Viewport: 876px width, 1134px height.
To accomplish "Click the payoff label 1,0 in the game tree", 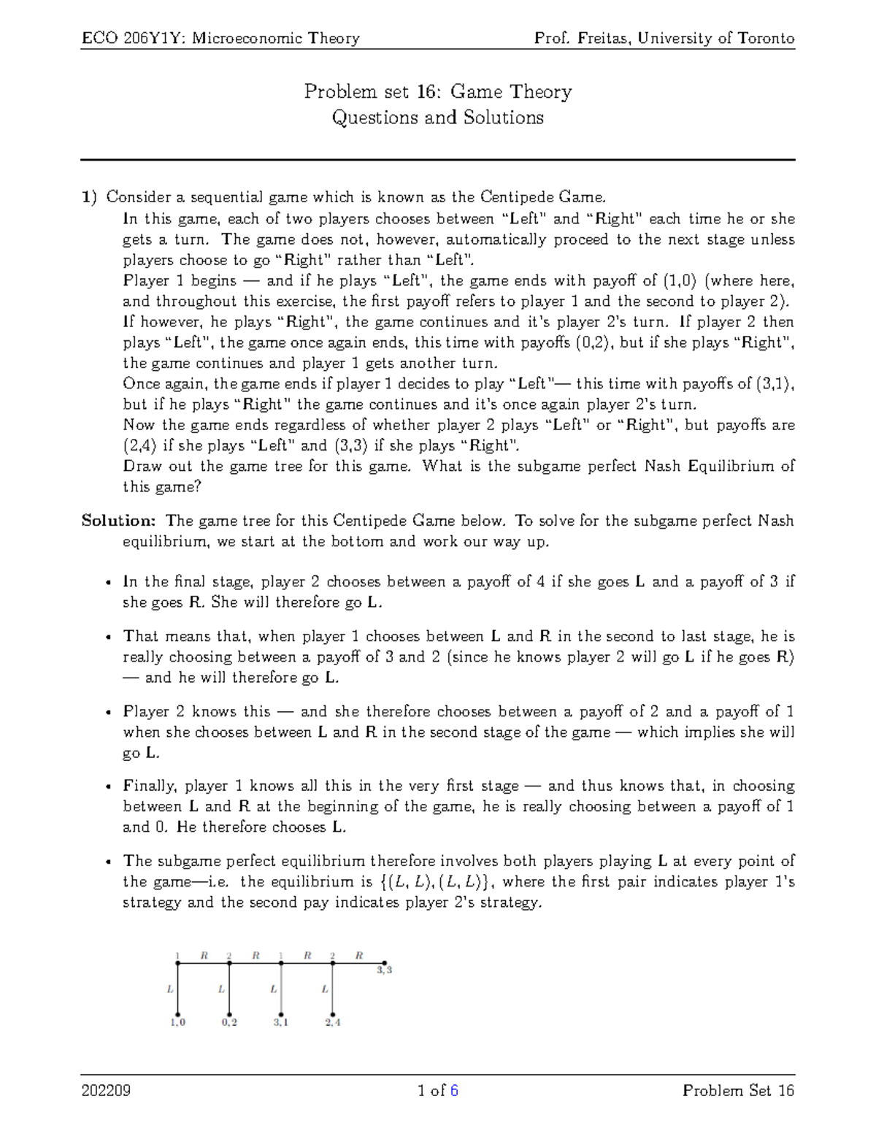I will click(x=178, y=1022).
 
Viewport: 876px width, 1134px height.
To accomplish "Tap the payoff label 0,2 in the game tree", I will click(x=229, y=1022).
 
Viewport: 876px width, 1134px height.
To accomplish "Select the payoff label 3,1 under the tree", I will click(x=281, y=1022).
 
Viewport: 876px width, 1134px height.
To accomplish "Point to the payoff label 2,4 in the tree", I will click(x=333, y=1022).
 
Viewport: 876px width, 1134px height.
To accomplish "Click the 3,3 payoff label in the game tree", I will click(x=385, y=970).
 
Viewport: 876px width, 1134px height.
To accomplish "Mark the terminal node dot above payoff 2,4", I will click(x=333, y=1014).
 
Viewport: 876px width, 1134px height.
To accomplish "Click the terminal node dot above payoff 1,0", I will click(x=177, y=1014).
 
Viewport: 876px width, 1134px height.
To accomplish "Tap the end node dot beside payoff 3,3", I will click(x=384, y=963).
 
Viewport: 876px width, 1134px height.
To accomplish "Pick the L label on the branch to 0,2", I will click(x=221, y=989).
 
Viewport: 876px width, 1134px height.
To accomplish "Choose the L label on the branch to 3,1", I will click(x=273, y=989).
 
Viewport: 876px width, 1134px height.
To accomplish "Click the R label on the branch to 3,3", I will click(x=359, y=954).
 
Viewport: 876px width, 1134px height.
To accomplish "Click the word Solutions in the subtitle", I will click(x=503, y=118).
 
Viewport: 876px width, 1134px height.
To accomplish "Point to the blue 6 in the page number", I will click(x=454, y=1091).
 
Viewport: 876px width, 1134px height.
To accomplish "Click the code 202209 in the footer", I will click(x=106, y=1091).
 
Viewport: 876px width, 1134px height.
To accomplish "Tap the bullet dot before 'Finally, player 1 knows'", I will click(x=108, y=786).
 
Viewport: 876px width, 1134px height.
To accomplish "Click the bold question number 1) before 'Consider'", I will click(x=89, y=197).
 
